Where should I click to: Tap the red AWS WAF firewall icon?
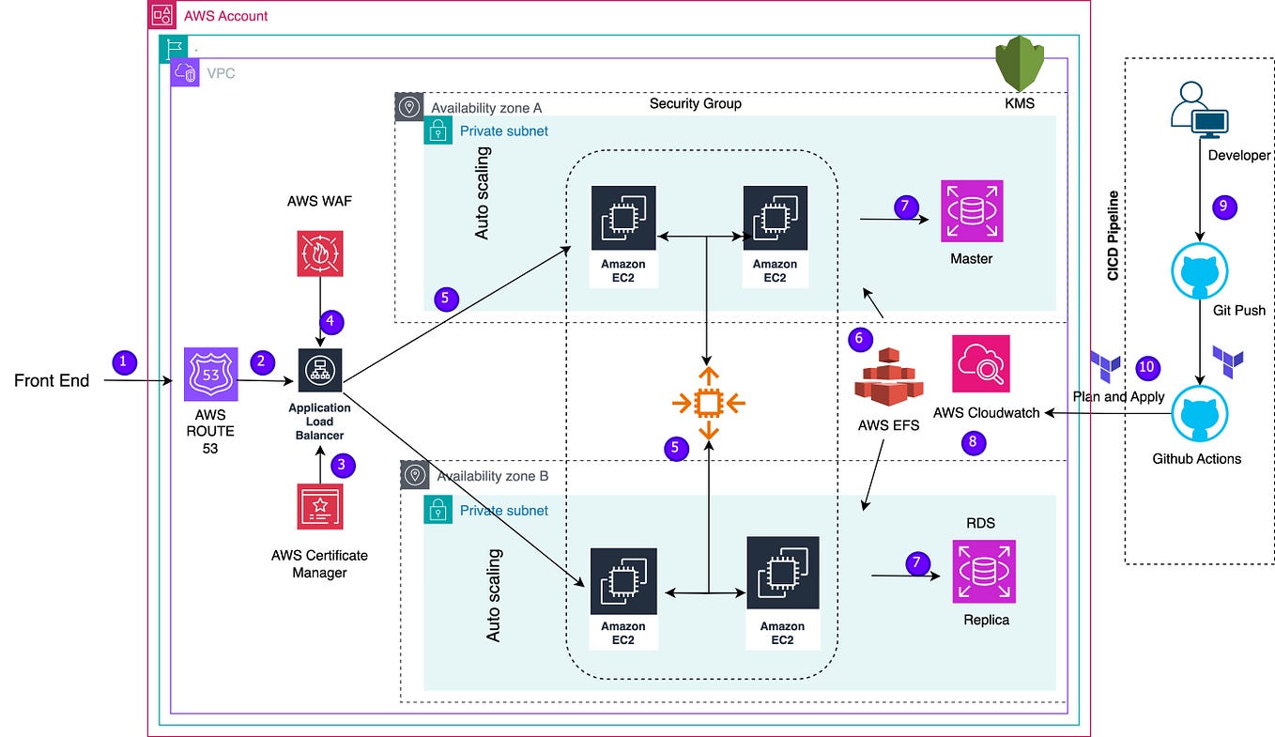coord(320,253)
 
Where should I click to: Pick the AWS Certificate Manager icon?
coord(319,507)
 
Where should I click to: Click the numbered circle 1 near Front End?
coord(124,360)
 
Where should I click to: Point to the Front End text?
coord(52,380)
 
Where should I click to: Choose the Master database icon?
coord(972,212)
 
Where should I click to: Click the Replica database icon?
coord(984,571)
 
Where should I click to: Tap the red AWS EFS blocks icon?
coord(887,377)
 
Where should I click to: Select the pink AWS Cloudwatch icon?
coord(981,363)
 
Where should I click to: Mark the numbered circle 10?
coord(1147,367)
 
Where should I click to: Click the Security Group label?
coord(695,103)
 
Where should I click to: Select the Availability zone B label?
coord(492,476)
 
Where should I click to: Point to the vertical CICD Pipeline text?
coord(1114,236)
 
